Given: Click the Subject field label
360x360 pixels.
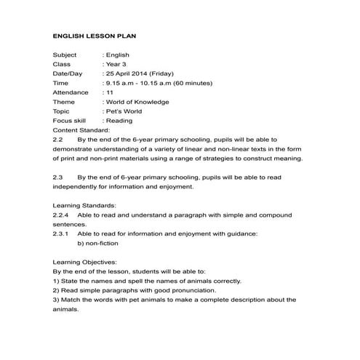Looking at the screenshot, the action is [65, 55].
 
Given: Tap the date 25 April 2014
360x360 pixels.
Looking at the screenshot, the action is [130, 73].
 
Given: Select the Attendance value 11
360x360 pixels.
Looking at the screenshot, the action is [110, 92].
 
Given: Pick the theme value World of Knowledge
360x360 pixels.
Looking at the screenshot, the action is [137, 102].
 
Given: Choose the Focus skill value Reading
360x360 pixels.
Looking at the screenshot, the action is [119, 121].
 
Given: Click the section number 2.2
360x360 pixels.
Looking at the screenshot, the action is [59, 139].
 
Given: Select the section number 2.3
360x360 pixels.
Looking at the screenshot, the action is [59, 177].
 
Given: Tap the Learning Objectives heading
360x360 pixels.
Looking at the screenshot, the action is [84, 263].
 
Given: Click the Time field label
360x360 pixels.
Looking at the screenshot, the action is [61, 83].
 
